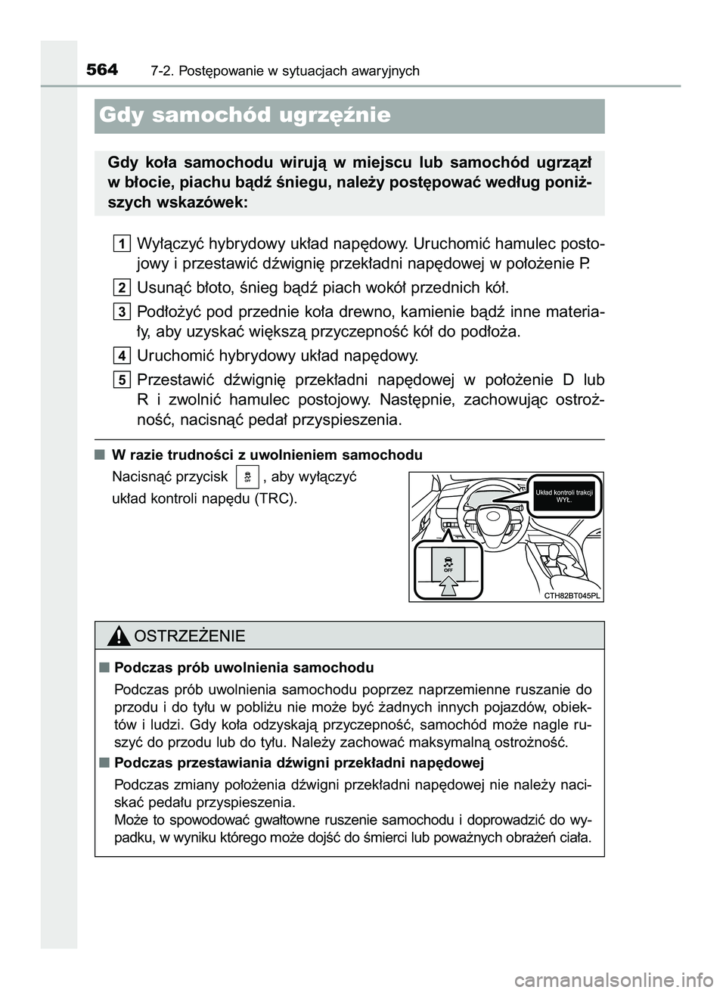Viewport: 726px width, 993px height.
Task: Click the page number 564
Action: tap(102, 70)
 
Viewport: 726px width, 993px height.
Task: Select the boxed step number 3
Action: tap(122, 311)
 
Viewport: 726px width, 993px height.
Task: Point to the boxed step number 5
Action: tap(122, 379)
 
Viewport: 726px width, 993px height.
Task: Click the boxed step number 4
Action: tap(122, 355)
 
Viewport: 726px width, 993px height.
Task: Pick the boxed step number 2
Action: tap(122, 287)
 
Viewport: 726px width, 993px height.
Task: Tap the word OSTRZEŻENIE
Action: tap(188, 636)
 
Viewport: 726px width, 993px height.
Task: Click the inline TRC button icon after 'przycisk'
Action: tap(247, 477)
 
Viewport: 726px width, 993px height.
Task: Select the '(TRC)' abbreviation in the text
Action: tap(276, 499)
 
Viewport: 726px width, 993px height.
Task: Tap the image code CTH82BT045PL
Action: tap(572, 595)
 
